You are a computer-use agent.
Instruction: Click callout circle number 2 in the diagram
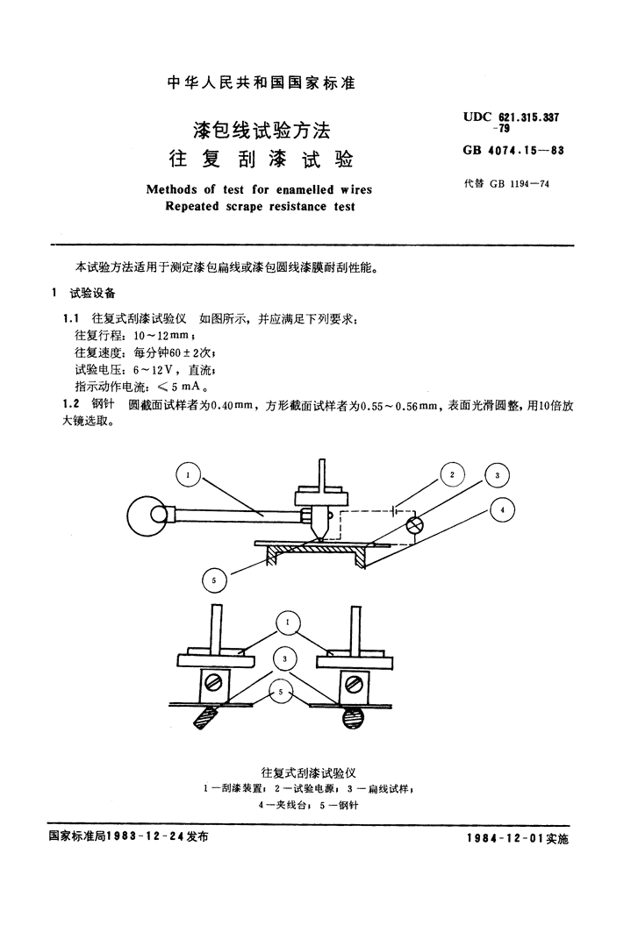click(452, 475)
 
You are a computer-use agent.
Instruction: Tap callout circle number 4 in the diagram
click(503, 510)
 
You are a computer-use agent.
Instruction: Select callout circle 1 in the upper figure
click(189, 475)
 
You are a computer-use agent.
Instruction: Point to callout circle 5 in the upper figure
click(214, 580)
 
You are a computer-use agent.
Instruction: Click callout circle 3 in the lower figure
click(285, 659)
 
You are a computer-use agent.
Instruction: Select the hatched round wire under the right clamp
click(353, 717)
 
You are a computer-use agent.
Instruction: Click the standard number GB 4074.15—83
click(513, 150)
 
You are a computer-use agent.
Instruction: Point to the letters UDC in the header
click(477, 117)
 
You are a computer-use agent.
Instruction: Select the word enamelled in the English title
click(305, 190)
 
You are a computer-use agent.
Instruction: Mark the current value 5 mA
click(185, 387)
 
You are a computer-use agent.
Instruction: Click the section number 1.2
click(71, 405)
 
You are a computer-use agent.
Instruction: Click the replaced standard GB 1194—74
click(520, 184)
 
